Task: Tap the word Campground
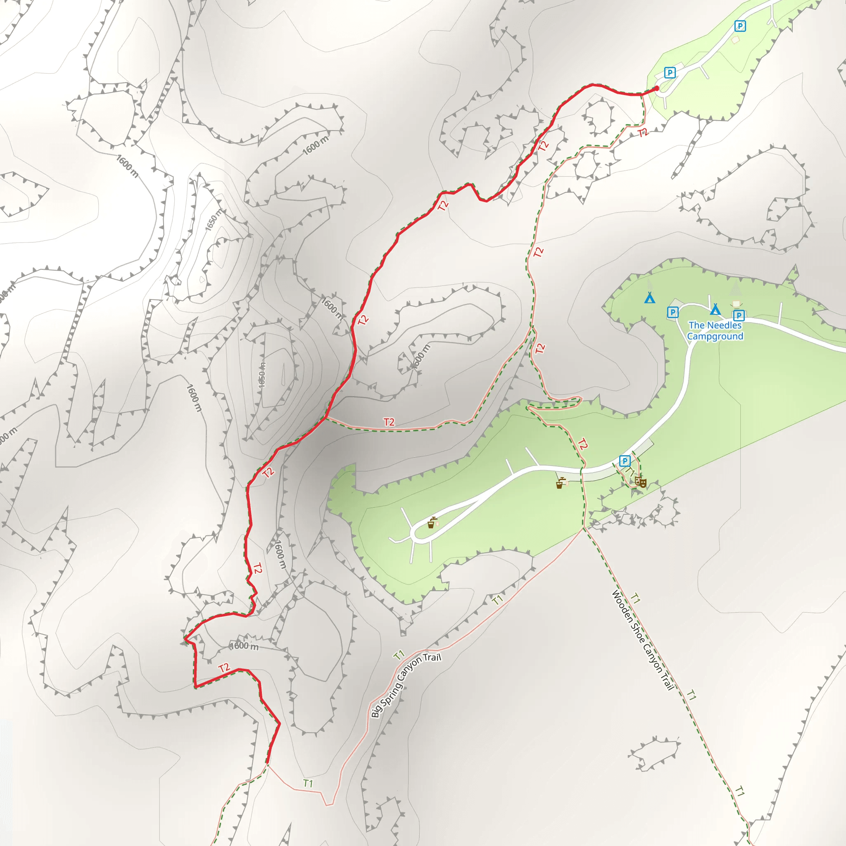715,336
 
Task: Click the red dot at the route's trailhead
656,88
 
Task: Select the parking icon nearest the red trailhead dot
670,72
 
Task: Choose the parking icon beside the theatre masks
625,461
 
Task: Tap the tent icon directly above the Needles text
715,309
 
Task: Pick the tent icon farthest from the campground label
650,298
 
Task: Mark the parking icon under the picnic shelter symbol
739,315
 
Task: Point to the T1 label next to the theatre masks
630,472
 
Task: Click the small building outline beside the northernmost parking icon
735,40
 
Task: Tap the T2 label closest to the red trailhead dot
642,133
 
